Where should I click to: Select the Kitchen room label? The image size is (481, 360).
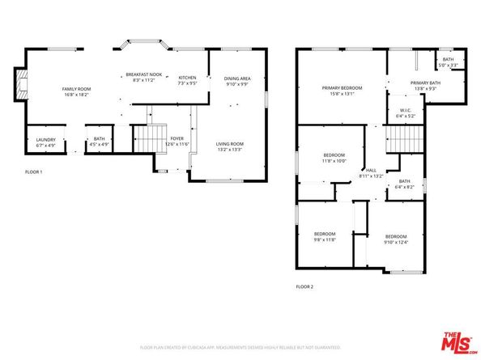[187, 78]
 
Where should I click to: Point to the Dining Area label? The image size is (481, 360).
[237, 78]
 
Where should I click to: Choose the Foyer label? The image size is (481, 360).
[177, 138]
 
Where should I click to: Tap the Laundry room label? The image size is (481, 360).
[45, 140]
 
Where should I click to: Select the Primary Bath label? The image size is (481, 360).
[424, 83]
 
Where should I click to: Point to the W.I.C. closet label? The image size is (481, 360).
[407, 112]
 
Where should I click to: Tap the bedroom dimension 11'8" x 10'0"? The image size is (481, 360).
[334, 160]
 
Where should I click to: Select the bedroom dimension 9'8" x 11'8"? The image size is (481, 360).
[325, 239]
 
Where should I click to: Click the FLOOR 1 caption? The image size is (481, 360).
[33, 172]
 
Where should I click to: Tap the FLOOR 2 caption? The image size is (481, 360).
[304, 286]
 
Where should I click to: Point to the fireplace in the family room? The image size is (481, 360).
[19, 83]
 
